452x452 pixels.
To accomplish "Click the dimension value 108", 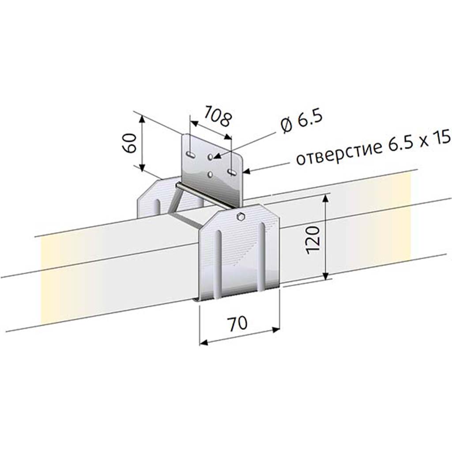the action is [218, 116].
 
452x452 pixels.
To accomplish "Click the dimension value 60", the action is [129, 143].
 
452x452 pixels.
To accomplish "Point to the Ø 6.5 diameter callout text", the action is [301, 121].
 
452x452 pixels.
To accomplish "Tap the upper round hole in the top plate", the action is [211, 157].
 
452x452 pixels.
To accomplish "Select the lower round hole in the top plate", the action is [211, 174].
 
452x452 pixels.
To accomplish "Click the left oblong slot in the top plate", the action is [191, 155].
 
